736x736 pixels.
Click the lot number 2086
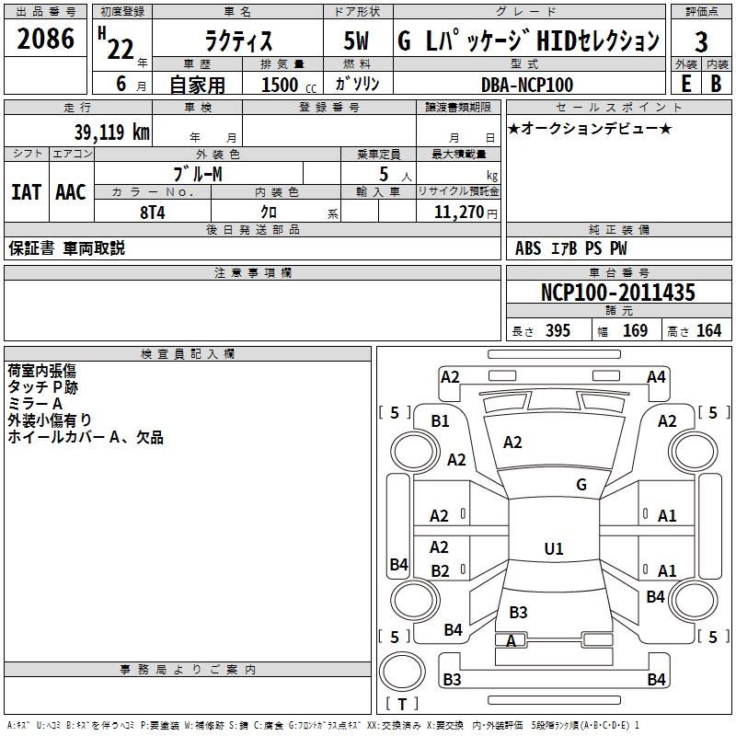point(47,40)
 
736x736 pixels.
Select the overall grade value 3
point(701,41)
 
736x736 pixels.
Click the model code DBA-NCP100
point(527,85)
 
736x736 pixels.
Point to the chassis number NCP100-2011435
point(617,293)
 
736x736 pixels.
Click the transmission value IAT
point(27,192)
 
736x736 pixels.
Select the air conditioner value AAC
point(71,192)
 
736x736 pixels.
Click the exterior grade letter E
point(686,84)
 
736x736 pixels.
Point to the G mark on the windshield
point(581,485)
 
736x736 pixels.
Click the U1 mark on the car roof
point(554,549)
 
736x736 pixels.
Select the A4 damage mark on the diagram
point(656,377)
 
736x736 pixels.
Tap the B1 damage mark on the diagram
point(441,420)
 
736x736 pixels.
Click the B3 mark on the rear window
point(518,613)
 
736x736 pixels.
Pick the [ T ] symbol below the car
point(401,705)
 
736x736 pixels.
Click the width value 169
point(636,331)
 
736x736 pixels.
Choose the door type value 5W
point(357,41)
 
